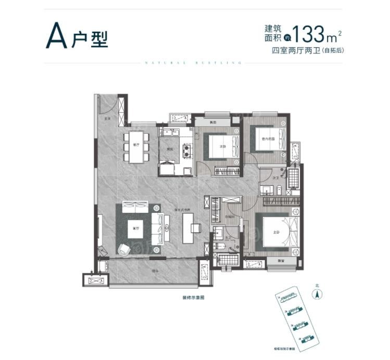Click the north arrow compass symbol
(316, 293)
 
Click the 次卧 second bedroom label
(222, 147)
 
